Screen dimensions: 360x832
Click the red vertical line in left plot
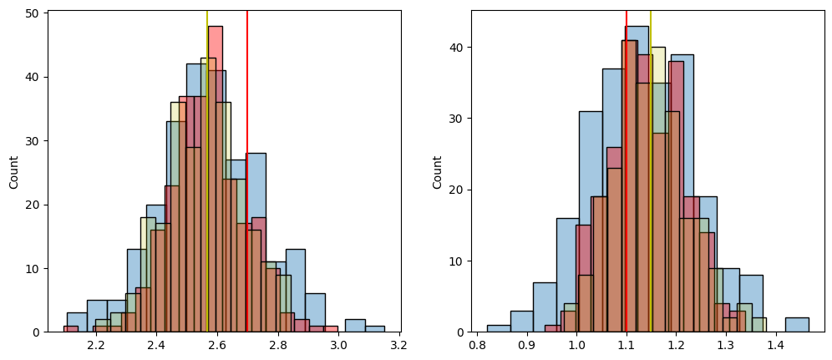(247, 167)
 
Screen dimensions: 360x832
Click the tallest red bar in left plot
(216, 167)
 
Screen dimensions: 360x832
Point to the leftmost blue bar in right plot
(499, 328)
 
